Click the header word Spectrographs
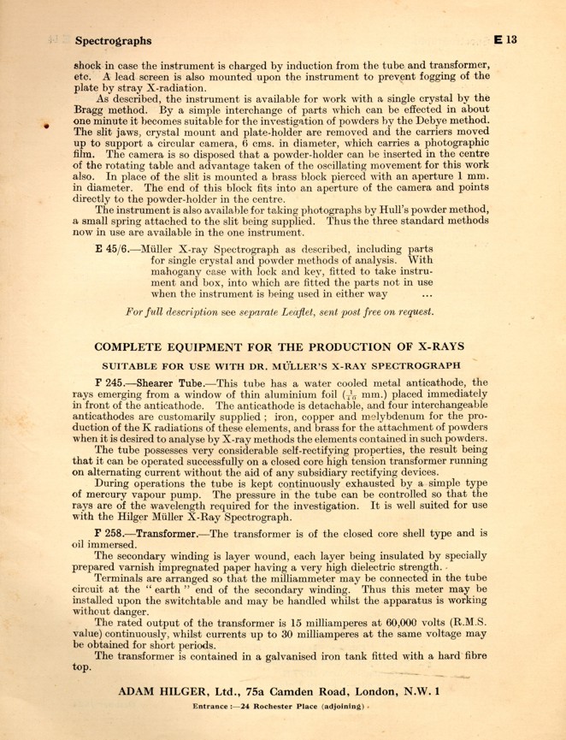[x=113, y=39]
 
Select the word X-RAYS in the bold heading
[x=433, y=347]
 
